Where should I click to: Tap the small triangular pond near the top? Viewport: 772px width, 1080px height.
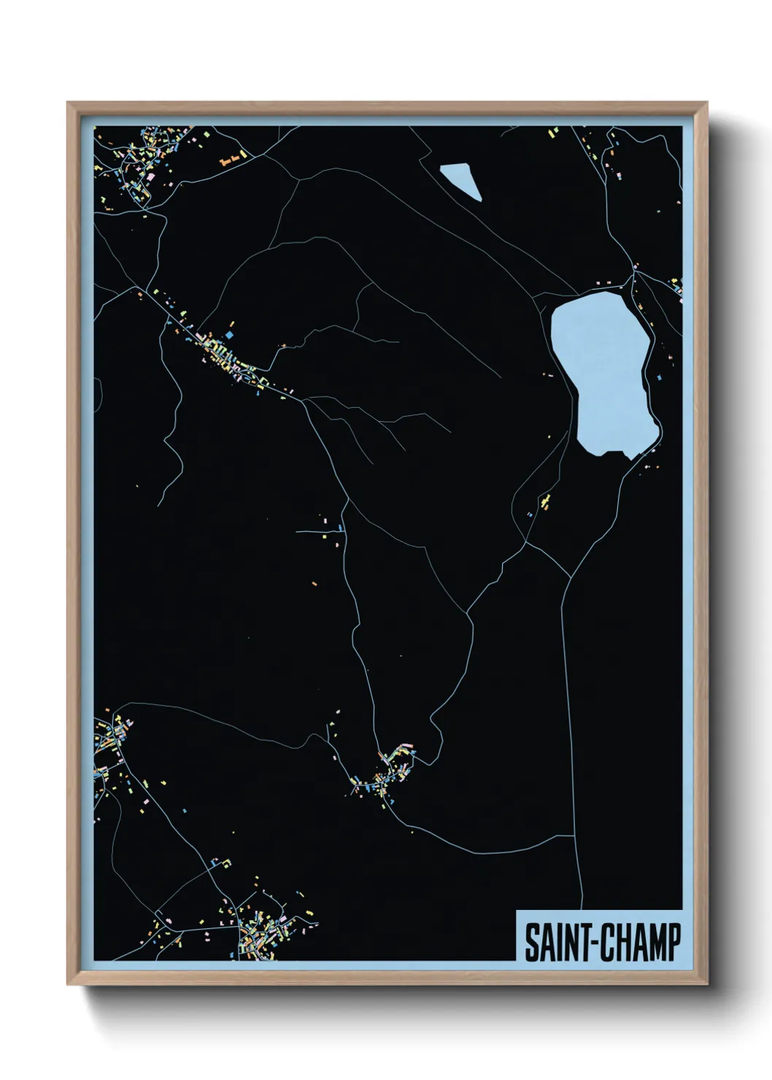point(463,180)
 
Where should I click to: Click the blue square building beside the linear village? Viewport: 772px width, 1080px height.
point(230,334)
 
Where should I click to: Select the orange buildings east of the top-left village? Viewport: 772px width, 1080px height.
point(231,158)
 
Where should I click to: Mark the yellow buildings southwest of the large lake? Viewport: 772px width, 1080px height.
point(544,501)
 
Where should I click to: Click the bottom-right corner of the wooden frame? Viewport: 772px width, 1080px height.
point(706,984)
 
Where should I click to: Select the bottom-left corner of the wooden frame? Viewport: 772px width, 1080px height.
point(69,984)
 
